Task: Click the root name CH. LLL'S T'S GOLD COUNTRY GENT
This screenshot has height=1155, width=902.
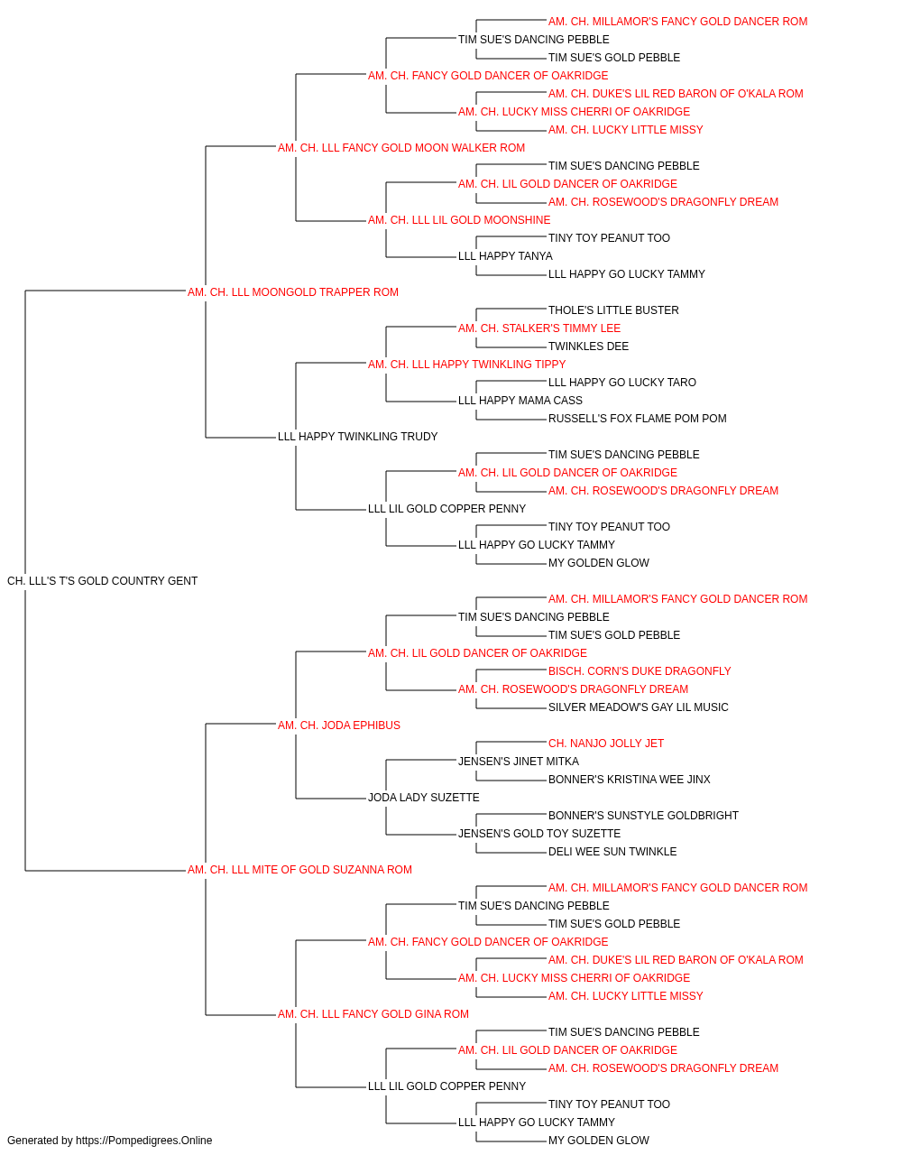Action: tap(102, 581)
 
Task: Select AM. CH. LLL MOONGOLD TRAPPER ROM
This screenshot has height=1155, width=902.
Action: tap(292, 292)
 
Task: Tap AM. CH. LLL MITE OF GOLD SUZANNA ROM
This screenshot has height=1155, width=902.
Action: tap(299, 870)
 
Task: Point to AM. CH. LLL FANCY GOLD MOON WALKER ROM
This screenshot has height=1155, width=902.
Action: tap(401, 148)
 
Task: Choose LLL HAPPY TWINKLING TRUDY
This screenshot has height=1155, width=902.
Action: tap(357, 437)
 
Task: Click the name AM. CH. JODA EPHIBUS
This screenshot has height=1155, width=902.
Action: tap(339, 725)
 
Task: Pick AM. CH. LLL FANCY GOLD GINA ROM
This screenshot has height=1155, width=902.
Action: tap(373, 1014)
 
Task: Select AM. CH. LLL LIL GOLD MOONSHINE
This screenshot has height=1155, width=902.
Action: tap(459, 220)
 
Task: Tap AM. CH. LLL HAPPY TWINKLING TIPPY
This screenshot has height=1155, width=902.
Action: tap(466, 365)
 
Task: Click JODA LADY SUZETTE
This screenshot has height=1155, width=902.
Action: tap(423, 798)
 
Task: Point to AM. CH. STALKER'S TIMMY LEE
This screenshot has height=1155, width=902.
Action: tap(539, 328)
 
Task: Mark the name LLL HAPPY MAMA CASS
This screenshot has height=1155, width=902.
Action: tap(520, 401)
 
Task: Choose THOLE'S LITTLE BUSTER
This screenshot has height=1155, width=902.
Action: tap(613, 310)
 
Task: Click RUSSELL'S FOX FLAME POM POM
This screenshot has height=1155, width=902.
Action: tap(638, 419)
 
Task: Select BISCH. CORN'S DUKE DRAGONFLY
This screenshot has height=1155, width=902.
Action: tap(640, 671)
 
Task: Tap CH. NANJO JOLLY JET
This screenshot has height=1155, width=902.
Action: tap(606, 744)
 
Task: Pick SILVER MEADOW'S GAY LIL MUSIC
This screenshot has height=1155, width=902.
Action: tap(638, 707)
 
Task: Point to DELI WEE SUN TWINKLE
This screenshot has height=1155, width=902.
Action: tap(612, 852)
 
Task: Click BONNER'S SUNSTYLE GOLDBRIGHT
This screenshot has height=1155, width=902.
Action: tap(643, 816)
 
